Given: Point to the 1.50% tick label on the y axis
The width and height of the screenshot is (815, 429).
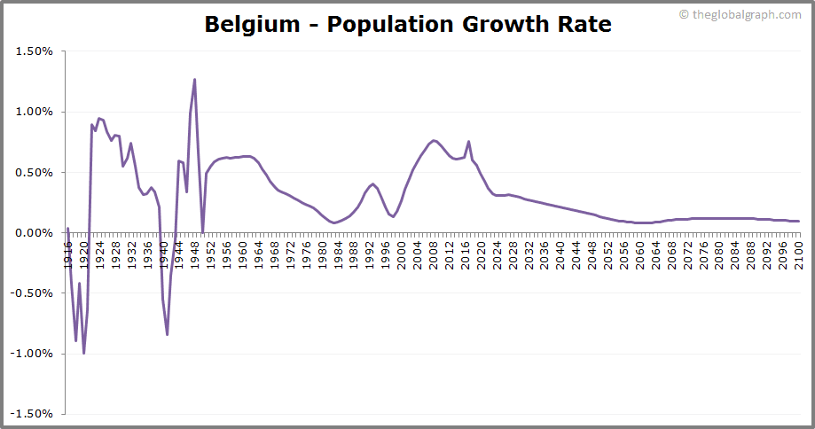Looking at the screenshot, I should [35, 51].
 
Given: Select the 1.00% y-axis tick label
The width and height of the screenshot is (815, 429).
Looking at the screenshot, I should [35, 112].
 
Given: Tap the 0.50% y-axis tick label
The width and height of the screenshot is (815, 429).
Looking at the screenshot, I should [35, 172].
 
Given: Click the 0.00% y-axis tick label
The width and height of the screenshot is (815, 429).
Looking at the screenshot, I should [35, 232].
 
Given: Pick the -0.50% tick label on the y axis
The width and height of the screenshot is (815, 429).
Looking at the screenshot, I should [33, 292].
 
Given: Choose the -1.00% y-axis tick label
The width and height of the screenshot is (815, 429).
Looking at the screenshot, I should [33, 353].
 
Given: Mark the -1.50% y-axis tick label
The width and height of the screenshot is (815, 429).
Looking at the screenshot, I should [33, 413].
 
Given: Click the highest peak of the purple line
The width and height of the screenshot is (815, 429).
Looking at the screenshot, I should [194, 80].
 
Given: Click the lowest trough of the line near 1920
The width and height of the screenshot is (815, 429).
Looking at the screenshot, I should [84, 353].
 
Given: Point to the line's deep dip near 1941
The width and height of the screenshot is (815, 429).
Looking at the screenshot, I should [167, 334].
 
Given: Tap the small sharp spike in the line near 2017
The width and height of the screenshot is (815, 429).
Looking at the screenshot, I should [468, 142].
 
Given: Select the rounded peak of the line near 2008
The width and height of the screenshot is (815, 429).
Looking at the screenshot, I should [433, 140].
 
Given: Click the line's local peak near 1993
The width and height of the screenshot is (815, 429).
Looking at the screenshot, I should [372, 183].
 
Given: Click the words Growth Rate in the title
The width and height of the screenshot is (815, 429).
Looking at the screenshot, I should [537, 24].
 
